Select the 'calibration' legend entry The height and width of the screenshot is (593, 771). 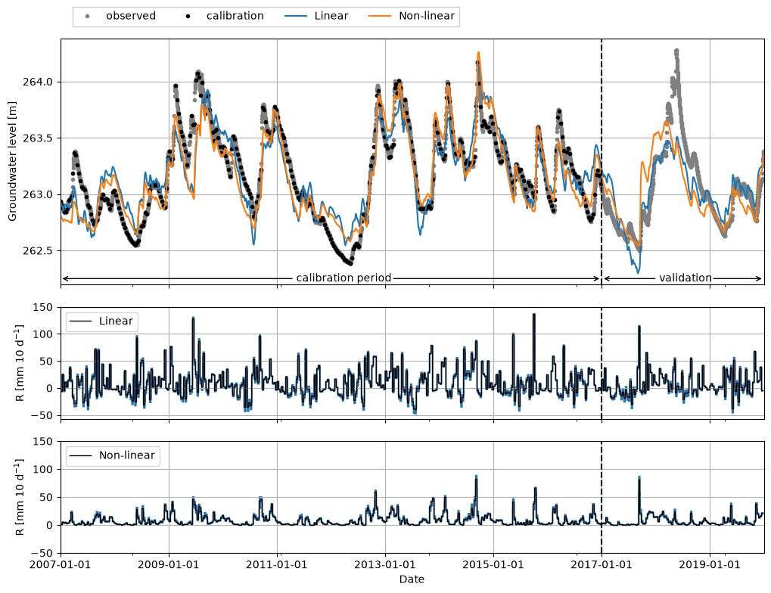(x=225, y=16)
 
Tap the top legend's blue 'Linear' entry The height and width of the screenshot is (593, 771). (x=317, y=16)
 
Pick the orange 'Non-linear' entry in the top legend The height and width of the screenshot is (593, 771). (x=412, y=16)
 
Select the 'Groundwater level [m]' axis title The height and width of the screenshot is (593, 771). (x=12, y=161)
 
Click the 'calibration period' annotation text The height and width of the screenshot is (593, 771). (x=344, y=278)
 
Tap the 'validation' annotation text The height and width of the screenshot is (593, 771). (x=686, y=278)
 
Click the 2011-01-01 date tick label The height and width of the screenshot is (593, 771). (x=277, y=564)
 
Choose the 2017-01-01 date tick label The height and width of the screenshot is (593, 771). (x=602, y=564)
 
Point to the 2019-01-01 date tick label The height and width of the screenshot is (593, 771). (x=710, y=564)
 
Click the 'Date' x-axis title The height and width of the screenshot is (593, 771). (x=412, y=579)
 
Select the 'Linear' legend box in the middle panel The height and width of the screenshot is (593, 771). (x=102, y=321)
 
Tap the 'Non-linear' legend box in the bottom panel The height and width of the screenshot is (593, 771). (x=113, y=456)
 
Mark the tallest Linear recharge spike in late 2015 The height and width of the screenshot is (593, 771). (x=534, y=315)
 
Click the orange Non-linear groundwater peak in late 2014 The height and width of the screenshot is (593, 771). (x=478, y=53)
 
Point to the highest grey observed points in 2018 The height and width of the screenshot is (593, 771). (x=676, y=51)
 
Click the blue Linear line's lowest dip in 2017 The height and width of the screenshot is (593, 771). (x=638, y=272)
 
